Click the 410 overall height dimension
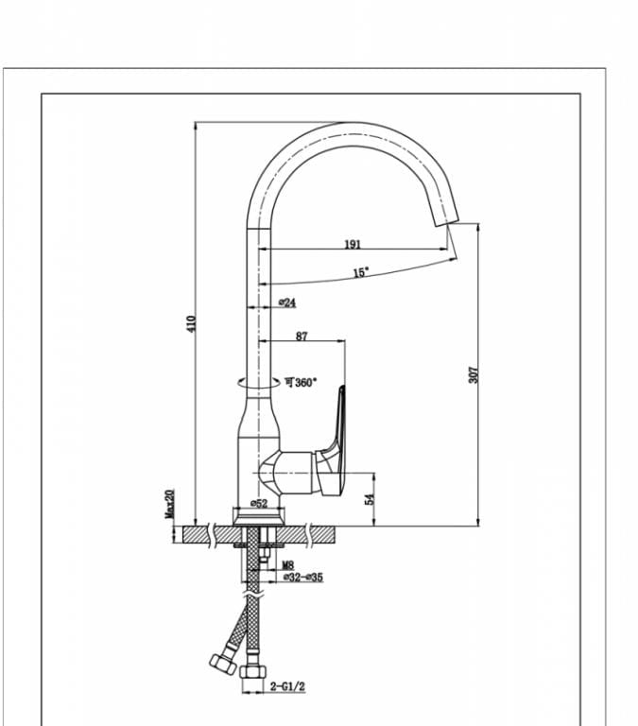[x=190, y=323]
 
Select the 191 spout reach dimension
[x=352, y=244]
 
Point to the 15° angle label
[x=360, y=272]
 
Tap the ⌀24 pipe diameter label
[x=287, y=302]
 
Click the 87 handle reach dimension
[x=302, y=336]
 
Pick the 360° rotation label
[x=302, y=383]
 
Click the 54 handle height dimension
[x=370, y=497]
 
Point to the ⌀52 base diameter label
[x=258, y=504]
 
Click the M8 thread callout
[x=287, y=565]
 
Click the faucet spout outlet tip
[x=443, y=221]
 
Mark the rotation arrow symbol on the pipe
[x=245, y=383]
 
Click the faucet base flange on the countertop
[x=258, y=518]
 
